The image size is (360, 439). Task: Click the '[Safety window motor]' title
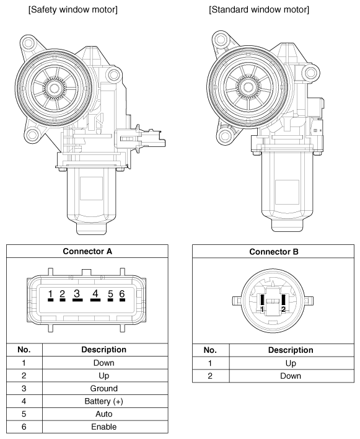point(73,9)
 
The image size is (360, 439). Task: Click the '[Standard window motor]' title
point(259,9)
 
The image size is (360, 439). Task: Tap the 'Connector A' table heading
point(87,251)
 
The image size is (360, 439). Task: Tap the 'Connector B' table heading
point(274,252)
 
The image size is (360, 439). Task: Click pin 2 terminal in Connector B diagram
point(283,300)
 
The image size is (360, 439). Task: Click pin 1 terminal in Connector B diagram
point(262,300)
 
